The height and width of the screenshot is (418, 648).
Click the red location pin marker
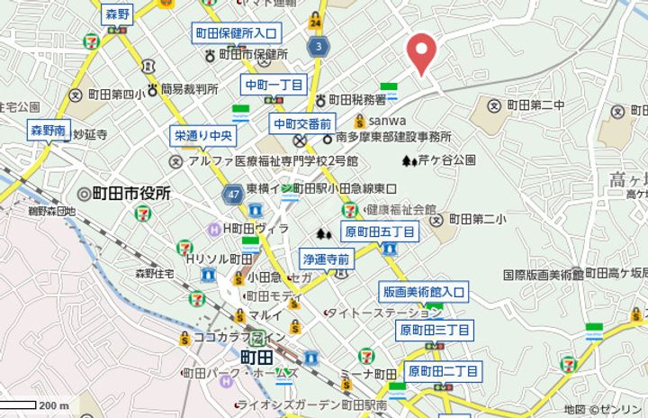pyautogui.click(x=421, y=52)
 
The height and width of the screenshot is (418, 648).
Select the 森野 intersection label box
pyautogui.click(x=117, y=14)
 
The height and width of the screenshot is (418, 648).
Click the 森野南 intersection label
pyautogui.click(x=48, y=131)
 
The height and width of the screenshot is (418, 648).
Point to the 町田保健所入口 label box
pyautogui.click(x=236, y=33)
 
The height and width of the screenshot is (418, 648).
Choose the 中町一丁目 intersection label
pyautogui.click(x=274, y=85)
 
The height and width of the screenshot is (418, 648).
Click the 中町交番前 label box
pyautogui.click(x=303, y=123)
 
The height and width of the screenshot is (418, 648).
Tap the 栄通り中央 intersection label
pyautogui.click(x=203, y=137)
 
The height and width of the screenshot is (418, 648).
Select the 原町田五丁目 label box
pyautogui.click(x=380, y=232)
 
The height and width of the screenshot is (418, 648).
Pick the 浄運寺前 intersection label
pyautogui.click(x=325, y=258)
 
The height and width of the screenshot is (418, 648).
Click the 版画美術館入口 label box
pyautogui.click(x=423, y=292)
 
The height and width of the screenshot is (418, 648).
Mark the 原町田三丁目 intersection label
pyautogui.click(x=434, y=331)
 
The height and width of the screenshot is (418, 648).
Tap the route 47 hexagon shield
pyautogui.click(x=232, y=193)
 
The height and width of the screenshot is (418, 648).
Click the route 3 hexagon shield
pyautogui.click(x=318, y=45)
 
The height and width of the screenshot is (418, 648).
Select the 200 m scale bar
pyautogui.click(x=35, y=405)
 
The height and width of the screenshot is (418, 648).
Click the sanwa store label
pyautogui.click(x=386, y=121)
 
